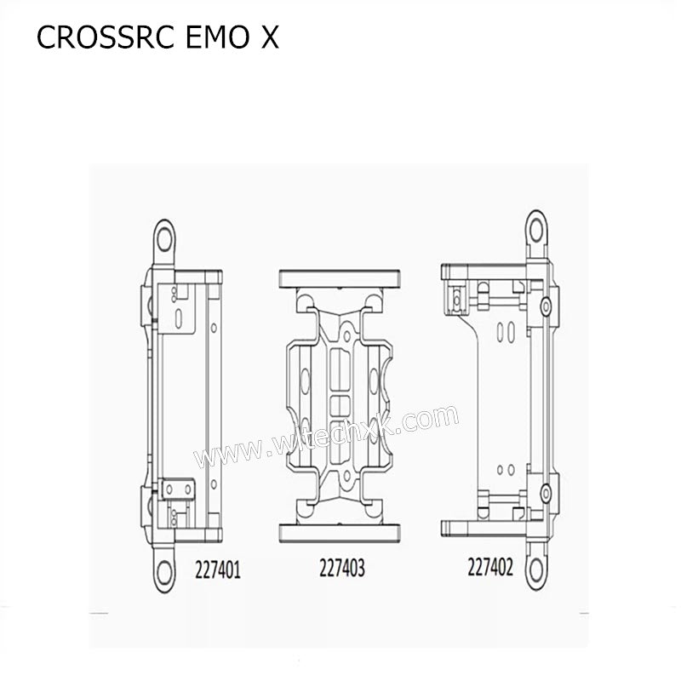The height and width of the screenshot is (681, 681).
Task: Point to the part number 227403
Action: [341, 567]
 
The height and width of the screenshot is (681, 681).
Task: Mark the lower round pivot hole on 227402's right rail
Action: [543, 491]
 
